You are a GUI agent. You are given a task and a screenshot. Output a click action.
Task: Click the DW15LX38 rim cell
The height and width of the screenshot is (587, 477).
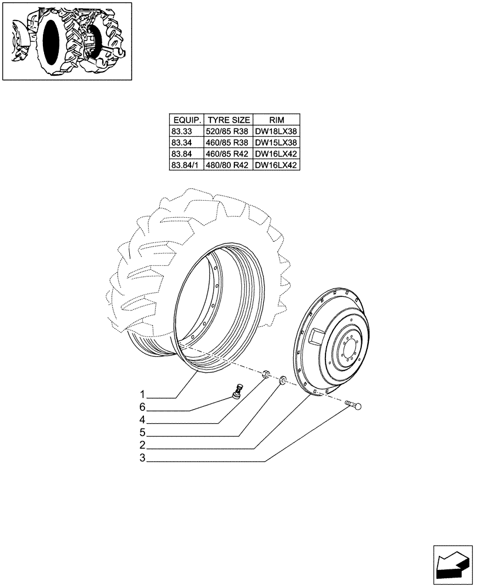[x=276, y=143]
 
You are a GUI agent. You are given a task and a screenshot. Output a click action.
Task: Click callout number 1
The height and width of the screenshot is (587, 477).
[x=142, y=393]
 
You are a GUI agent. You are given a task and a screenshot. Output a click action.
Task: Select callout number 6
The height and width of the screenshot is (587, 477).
[x=142, y=407]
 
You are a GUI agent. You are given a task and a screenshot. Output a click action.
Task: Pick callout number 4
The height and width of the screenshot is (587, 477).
[x=142, y=421]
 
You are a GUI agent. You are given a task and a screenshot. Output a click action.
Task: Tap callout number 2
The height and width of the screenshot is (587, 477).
[x=142, y=448]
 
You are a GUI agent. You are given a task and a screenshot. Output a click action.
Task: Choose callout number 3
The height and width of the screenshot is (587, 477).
[x=142, y=461]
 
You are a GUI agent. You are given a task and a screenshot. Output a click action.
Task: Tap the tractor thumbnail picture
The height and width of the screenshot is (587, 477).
[x=67, y=41]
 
